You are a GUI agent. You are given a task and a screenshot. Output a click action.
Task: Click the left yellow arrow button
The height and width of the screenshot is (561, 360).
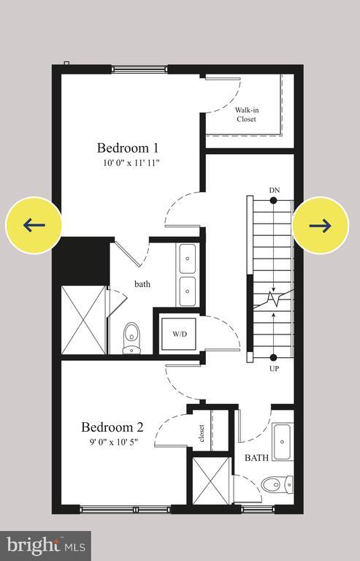tap(34, 225)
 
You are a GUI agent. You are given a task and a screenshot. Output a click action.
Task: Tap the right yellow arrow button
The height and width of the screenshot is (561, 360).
tap(320, 225)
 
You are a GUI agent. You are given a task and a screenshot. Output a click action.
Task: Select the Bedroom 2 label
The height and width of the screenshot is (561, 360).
tap(112, 427)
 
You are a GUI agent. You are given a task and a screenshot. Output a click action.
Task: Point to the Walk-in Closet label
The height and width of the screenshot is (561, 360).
tap(245, 115)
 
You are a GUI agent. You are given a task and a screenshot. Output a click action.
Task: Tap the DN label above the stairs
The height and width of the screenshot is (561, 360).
tap(274, 191)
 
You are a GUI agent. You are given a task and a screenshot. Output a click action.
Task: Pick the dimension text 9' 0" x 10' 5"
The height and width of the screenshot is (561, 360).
tap(112, 442)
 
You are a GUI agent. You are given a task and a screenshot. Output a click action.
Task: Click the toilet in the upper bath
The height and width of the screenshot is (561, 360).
tap(131, 337)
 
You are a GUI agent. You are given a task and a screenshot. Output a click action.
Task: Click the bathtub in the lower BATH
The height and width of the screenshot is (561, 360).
tap(283, 441)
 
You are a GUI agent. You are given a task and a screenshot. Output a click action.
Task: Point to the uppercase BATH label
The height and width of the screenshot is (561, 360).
tap(256, 458)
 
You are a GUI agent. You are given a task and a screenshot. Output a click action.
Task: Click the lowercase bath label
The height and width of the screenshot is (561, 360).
tap(142, 283)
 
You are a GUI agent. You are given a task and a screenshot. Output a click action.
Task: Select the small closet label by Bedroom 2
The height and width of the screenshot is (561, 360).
tap(200, 433)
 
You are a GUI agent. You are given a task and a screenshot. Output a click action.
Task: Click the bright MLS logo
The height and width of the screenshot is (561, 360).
tap(45, 545)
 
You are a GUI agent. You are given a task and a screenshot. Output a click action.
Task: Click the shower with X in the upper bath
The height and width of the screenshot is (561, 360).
tap(83, 320)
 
